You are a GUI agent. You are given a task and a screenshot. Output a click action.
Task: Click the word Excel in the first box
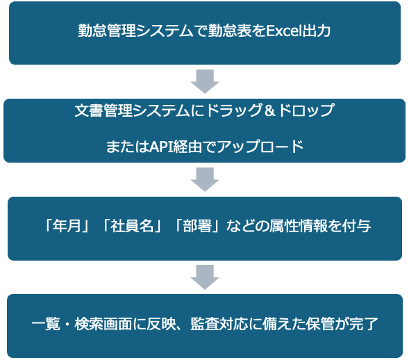click(283, 31)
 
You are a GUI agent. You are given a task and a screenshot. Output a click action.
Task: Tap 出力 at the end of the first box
click(316, 31)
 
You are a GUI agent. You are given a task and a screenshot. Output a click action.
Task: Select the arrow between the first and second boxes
click(205, 81)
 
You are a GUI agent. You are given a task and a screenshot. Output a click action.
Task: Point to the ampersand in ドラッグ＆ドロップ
click(269, 111)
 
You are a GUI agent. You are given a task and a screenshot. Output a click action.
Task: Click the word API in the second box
click(160, 147)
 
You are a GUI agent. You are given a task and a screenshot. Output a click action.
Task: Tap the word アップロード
click(260, 147)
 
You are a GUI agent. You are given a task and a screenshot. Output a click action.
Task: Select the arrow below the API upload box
click(205, 179)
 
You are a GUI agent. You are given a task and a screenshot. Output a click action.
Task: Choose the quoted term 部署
click(197, 226)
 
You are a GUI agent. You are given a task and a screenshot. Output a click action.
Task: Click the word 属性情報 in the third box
click(298, 226)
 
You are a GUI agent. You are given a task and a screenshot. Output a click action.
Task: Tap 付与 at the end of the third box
click(356, 226)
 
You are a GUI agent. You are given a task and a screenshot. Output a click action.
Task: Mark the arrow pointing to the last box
click(205, 277)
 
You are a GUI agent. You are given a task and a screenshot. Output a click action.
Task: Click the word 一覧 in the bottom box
click(46, 324)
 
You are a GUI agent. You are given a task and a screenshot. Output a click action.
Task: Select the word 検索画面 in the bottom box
click(103, 324)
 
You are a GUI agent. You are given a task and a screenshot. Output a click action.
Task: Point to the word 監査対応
click(219, 324)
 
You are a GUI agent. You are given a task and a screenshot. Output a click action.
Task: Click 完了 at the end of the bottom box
click(364, 324)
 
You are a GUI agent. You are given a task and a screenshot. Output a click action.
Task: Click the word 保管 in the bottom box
click(320, 324)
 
